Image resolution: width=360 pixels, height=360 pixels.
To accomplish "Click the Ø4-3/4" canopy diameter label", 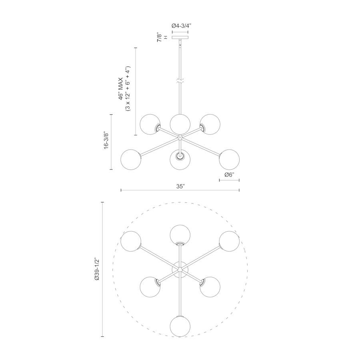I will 181,26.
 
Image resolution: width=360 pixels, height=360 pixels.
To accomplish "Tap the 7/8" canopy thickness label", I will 160,38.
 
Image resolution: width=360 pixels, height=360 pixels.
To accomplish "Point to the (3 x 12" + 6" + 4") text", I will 128,89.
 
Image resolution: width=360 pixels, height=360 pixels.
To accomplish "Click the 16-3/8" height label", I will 106,141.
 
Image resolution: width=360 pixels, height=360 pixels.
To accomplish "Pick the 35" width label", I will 180,186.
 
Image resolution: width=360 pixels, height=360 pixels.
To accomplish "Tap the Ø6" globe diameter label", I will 229,175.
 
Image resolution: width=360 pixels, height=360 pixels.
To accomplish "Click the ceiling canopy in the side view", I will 180,38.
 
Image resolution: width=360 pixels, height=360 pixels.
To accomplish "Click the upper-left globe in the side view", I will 150,124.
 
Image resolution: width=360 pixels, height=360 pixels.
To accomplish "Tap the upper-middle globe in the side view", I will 180,124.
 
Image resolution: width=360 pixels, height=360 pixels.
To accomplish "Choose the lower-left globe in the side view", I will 131,159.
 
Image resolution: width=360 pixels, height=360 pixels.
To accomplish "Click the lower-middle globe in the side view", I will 180,159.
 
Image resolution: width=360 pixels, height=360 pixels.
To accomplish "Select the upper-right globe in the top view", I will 229,242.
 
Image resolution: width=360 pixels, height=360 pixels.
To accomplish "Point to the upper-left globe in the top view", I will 131,242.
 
